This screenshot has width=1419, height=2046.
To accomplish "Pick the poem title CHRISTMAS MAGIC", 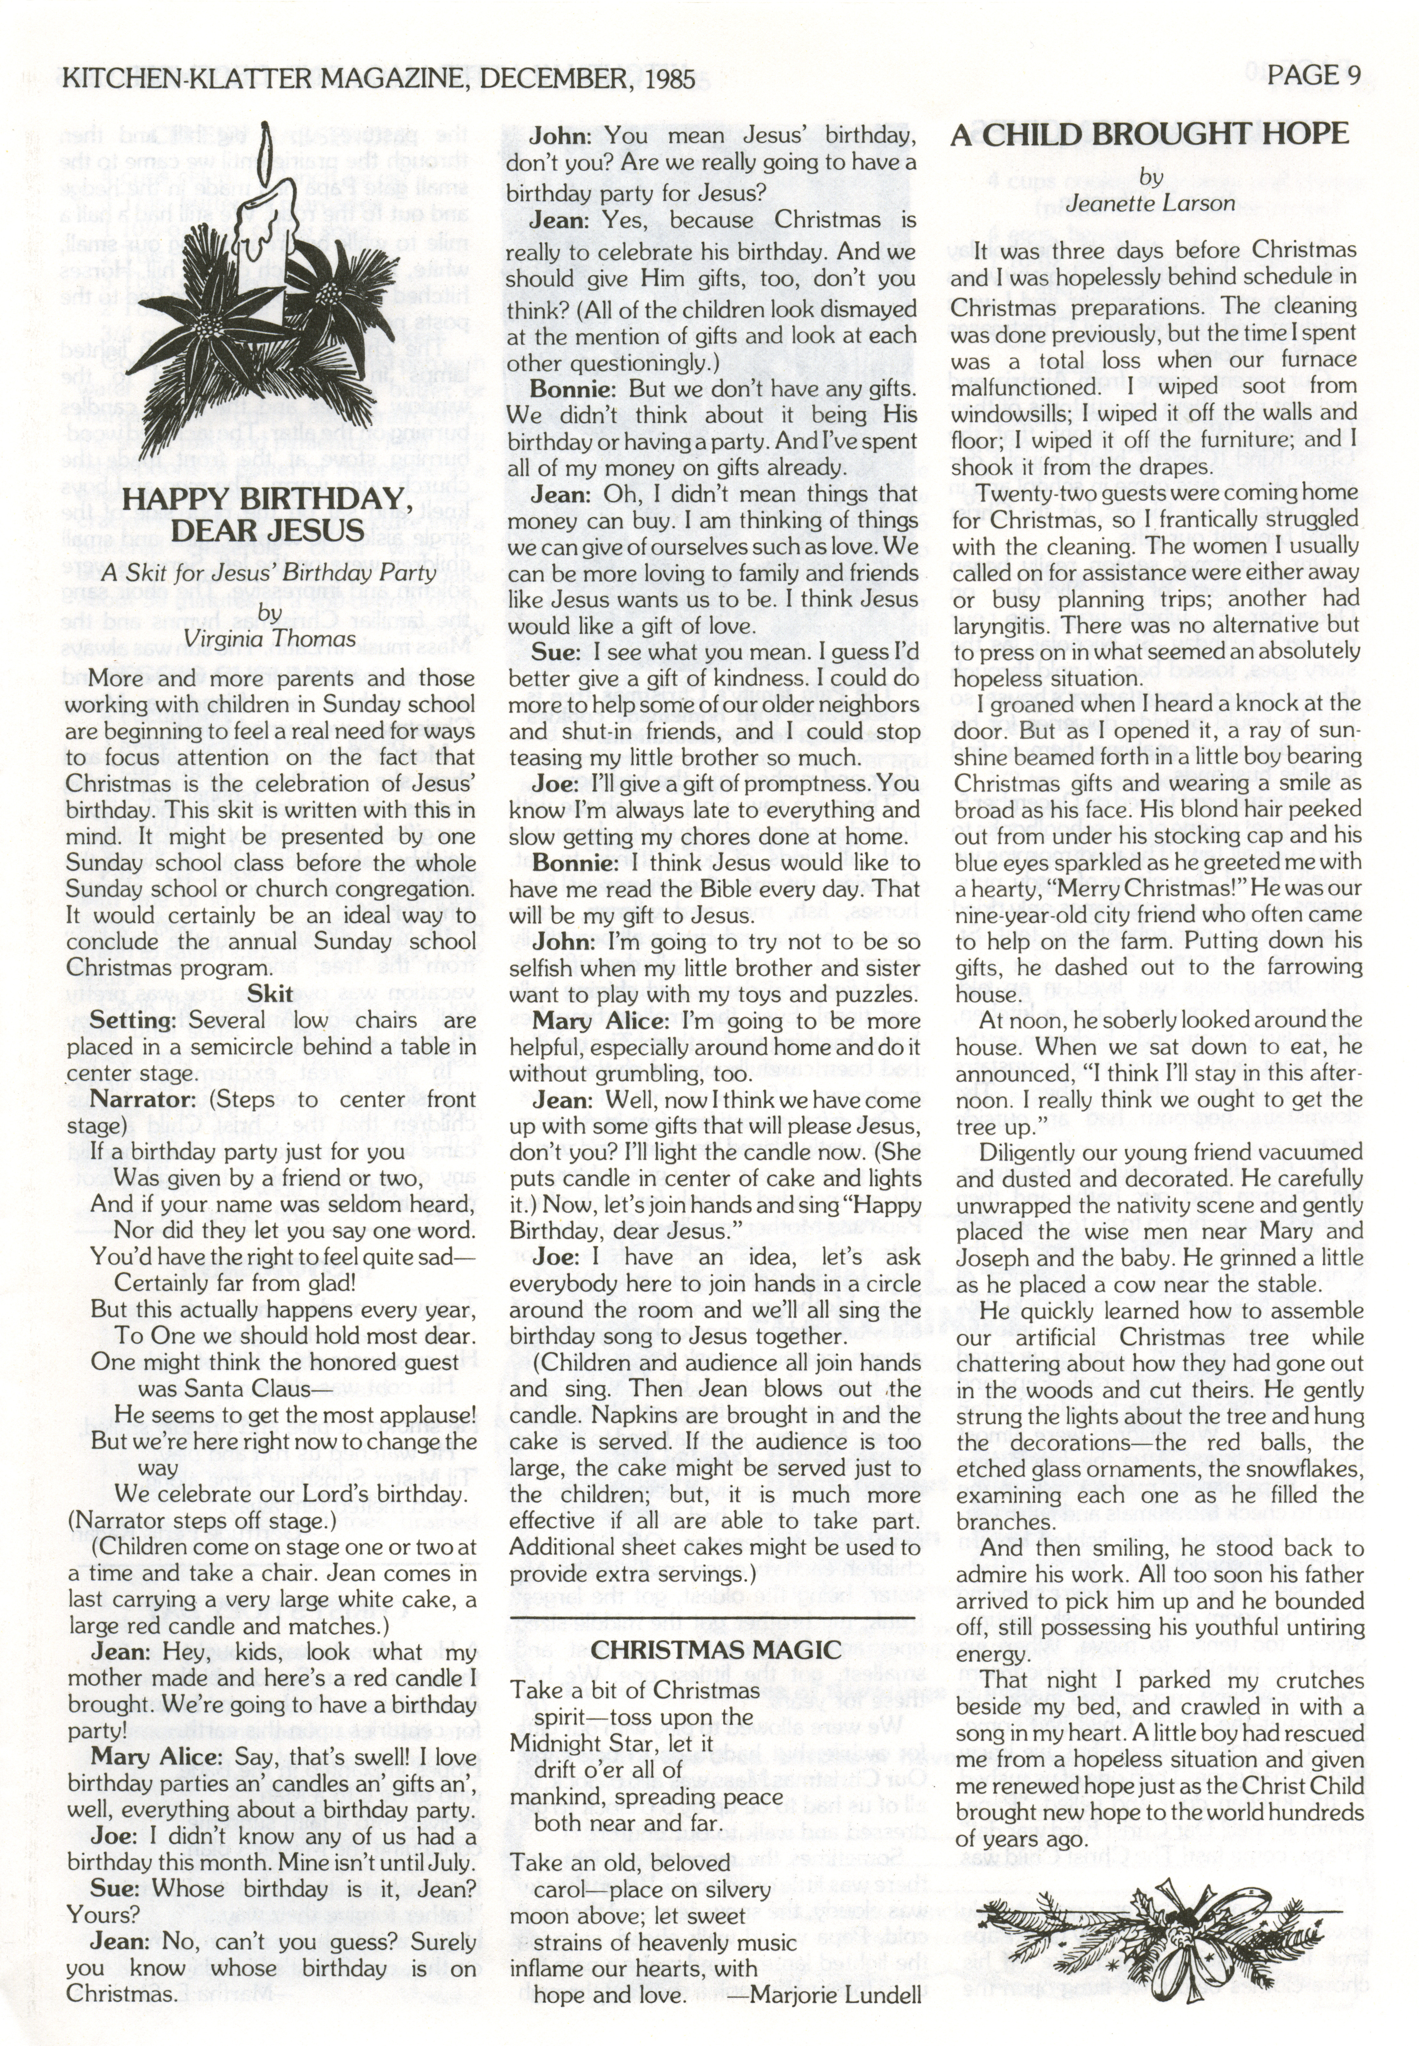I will [716, 1650].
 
